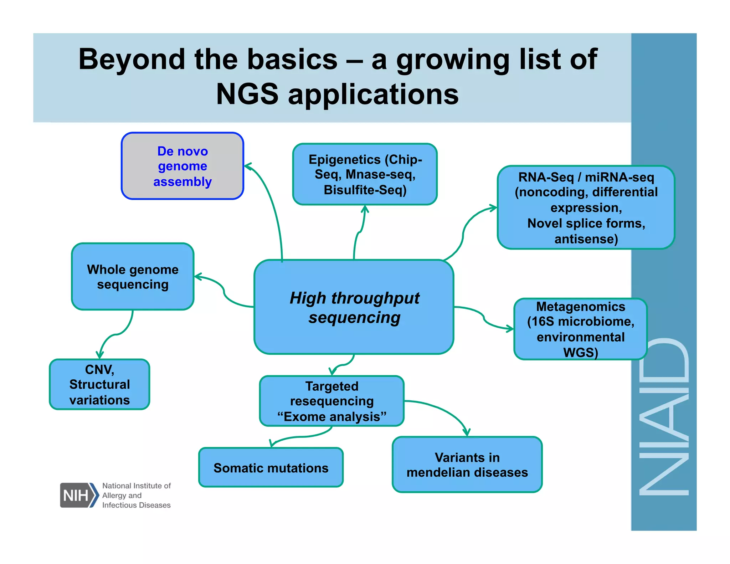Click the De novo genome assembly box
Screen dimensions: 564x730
click(182, 166)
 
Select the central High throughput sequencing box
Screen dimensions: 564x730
click(354, 307)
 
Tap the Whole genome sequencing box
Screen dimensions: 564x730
click(133, 277)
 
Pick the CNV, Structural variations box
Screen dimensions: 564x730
click(99, 384)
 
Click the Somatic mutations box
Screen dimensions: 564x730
click(271, 467)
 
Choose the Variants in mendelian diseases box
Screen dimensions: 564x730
click(467, 465)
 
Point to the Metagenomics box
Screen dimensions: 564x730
click(580, 329)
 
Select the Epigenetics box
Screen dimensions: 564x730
click(365, 174)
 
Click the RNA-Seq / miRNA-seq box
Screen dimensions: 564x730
click(586, 207)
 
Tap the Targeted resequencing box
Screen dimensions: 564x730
click(331, 401)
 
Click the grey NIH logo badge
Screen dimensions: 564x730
click(77, 495)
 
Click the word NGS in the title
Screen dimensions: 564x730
click(247, 94)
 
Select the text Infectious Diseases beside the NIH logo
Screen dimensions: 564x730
click(136, 505)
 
